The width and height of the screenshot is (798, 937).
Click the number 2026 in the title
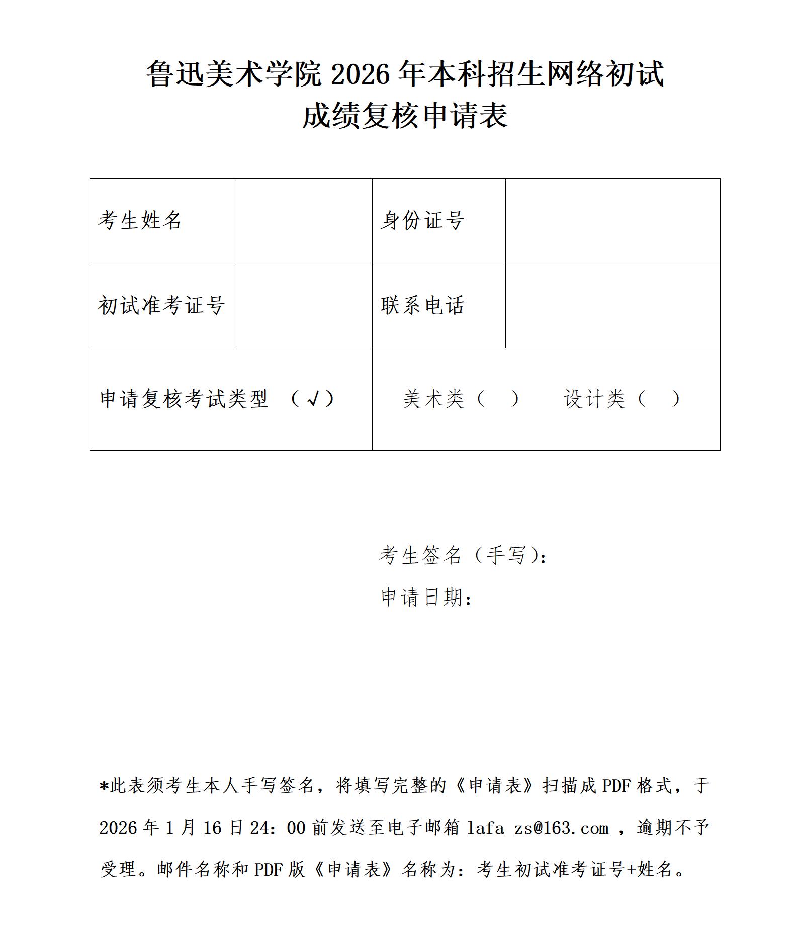coord(361,74)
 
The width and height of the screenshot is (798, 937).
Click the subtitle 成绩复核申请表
coord(405,116)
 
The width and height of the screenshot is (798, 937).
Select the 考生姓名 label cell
coord(140,220)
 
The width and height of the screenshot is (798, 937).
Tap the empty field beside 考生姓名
coord(303,220)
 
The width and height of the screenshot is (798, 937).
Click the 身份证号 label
coord(422,220)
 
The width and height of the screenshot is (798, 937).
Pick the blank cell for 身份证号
coord(612,220)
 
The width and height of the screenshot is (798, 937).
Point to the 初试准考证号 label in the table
coord(161,305)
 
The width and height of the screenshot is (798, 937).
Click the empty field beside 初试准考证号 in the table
coord(303,305)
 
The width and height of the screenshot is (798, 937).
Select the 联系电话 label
coord(422,305)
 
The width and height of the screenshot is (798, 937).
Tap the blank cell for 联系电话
coord(612,305)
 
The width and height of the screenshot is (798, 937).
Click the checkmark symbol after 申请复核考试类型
coord(313,399)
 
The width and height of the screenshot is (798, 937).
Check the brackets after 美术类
coord(497,399)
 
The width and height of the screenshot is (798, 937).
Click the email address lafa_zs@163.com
coord(538,828)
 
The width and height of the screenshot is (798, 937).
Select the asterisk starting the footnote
coord(104,786)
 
